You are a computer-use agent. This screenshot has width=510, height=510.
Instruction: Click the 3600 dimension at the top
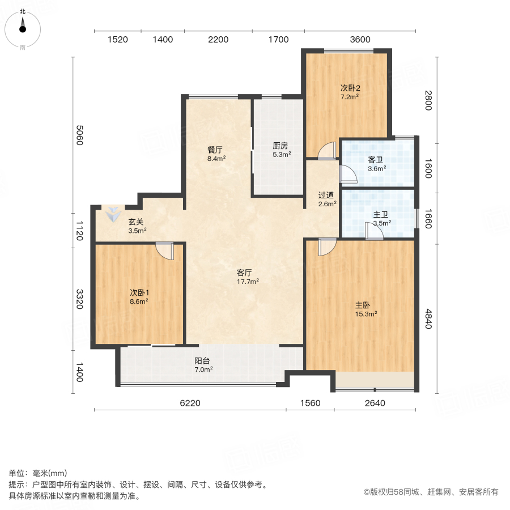tap(360, 39)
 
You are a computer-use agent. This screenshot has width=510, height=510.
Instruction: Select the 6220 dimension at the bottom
tap(190, 403)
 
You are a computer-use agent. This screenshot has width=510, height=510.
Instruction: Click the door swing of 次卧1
tap(165, 250)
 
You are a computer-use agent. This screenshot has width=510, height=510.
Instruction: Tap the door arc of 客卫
tap(347, 175)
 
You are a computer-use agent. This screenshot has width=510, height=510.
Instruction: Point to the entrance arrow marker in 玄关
tap(114, 214)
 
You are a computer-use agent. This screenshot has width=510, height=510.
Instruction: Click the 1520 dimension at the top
tap(117, 39)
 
